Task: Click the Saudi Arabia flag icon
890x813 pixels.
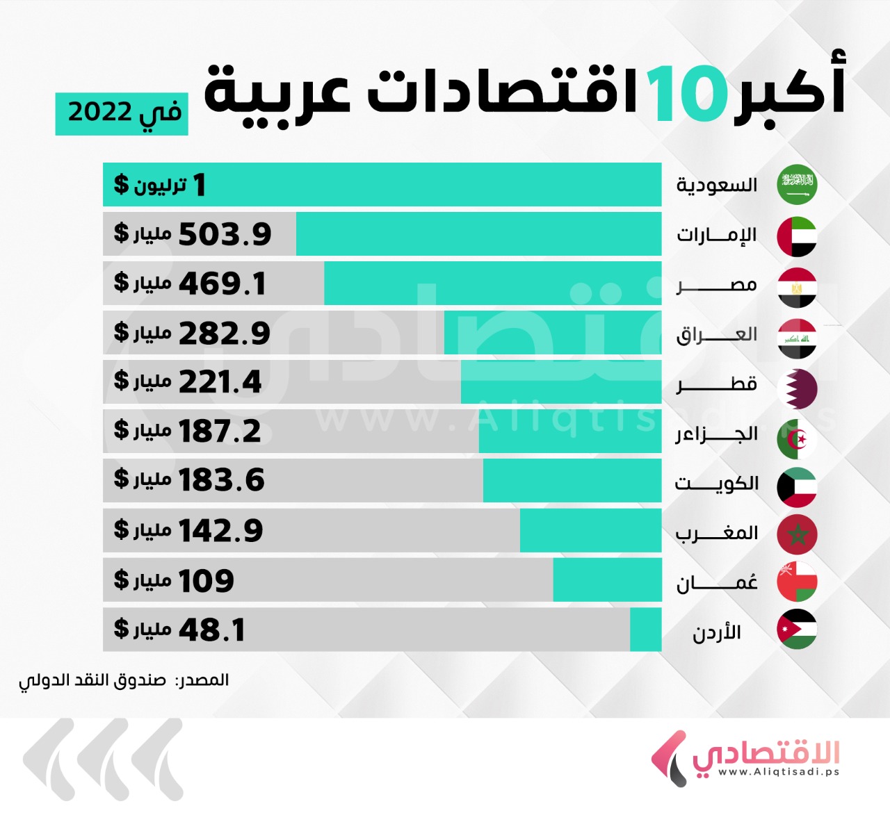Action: (797, 185)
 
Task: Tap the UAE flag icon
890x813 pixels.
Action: (797, 236)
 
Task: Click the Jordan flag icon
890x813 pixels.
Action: (797, 630)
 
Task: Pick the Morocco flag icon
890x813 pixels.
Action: (797, 534)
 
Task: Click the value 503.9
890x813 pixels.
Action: (225, 235)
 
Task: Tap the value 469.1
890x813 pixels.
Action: (222, 284)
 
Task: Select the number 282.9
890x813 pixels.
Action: (225, 334)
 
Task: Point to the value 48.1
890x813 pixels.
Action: (212, 630)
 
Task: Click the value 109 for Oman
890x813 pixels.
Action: (206, 581)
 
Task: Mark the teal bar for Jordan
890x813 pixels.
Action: (645, 630)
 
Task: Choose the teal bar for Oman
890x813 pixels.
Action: (607, 580)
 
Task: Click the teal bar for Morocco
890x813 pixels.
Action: (590, 530)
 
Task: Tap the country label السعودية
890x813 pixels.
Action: (717, 186)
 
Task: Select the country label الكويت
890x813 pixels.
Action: (717, 483)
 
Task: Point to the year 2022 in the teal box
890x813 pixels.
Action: (99, 112)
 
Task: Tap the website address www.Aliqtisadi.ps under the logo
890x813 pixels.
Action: (778, 772)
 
